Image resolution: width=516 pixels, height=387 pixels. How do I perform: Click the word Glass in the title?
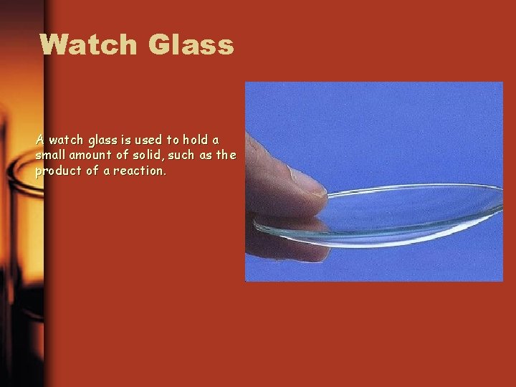(x=191, y=44)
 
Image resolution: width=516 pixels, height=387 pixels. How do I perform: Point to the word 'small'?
(x=51, y=156)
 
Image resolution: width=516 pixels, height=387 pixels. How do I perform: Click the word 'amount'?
(x=90, y=156)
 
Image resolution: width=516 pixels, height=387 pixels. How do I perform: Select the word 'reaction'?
(x=137, y=172)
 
